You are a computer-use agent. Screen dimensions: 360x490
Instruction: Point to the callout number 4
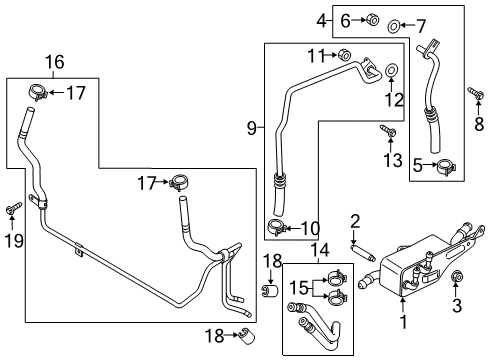tap(322, 19)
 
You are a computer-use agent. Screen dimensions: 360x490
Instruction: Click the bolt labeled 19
tap(13, 208)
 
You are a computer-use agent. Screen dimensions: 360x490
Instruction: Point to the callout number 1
tap(403, 322)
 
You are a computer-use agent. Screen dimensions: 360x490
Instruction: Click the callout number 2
tap(354, 221)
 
